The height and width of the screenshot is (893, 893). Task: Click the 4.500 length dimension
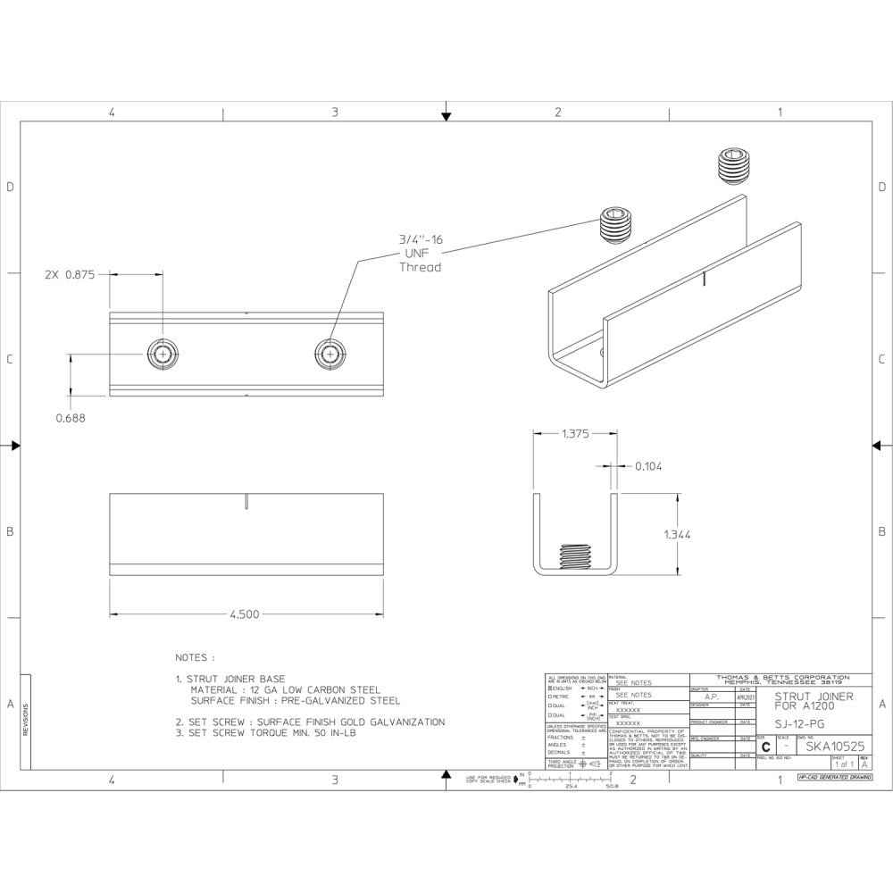[245, 614]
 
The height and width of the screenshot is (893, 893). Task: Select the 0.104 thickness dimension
[648, 466]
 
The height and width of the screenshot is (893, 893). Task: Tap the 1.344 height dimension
[678, 534]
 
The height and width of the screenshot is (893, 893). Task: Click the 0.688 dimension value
[71, 417]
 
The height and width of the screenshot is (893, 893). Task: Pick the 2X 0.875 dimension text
[70, 275]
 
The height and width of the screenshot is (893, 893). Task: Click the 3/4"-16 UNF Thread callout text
[420, 253]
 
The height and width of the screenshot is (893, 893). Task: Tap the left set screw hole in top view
[162, 355]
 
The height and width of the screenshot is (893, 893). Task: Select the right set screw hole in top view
[330, 355]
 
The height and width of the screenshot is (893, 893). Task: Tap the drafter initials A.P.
[712, 697]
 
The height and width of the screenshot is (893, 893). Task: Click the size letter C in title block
[765, 747]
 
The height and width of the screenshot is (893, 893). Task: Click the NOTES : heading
[195, 657]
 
